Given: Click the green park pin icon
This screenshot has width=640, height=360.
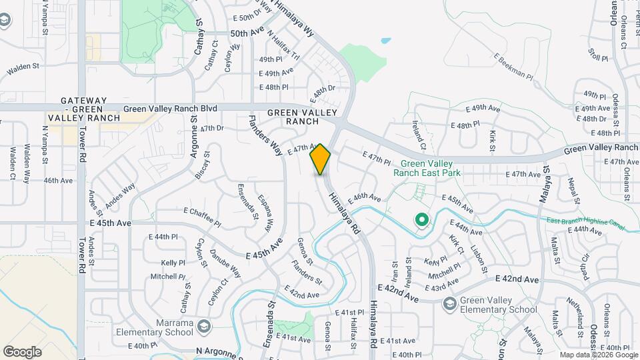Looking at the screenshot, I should point(421,219).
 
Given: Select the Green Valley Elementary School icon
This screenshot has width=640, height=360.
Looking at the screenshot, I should point(449,304).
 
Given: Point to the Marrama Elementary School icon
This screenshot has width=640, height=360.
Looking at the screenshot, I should point(203,326).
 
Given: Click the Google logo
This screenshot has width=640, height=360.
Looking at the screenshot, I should point(22,351).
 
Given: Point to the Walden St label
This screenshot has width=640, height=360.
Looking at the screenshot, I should point(24,67).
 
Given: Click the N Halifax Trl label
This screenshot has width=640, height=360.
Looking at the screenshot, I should point(283,46).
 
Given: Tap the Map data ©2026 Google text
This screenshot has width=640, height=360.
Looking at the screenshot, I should point(598,355).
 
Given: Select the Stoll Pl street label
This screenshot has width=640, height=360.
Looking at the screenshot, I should point(598,54).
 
